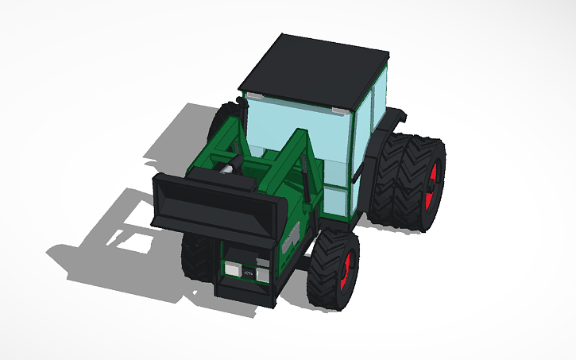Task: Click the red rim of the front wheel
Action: click(x=346, y=271)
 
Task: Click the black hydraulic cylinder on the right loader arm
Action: click(x=304, y=179)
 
